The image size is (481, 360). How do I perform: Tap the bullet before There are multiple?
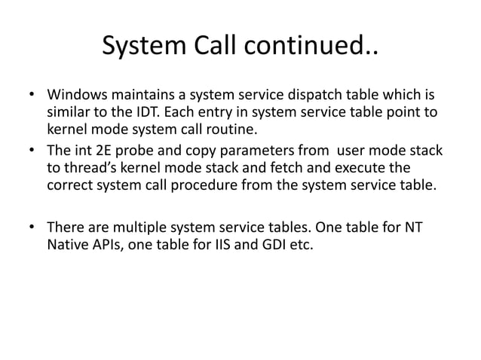[31, 227]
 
